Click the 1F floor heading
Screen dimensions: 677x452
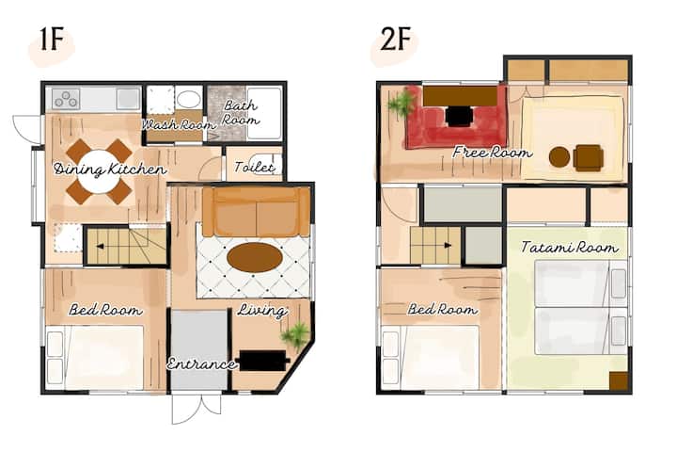(52, 40)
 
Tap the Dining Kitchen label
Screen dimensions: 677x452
(110, 169)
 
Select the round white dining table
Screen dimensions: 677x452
(100, 171)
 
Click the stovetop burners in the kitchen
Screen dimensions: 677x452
(66, 99)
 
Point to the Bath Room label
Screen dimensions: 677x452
(241, 112)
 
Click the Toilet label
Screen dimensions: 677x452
(254, 167)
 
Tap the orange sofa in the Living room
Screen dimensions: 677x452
(257, 212)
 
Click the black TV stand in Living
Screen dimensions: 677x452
(263, 361)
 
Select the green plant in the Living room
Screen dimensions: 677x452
(296, 334)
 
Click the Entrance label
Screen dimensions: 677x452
(201, 363)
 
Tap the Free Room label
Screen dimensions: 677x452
(492, 153)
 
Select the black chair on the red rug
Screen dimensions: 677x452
(459, 117)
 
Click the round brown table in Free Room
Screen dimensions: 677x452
(559, 157)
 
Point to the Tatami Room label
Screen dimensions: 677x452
(570, 247)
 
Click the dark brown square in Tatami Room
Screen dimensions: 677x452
(619, 381)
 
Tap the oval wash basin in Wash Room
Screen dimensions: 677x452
(189, 100)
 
